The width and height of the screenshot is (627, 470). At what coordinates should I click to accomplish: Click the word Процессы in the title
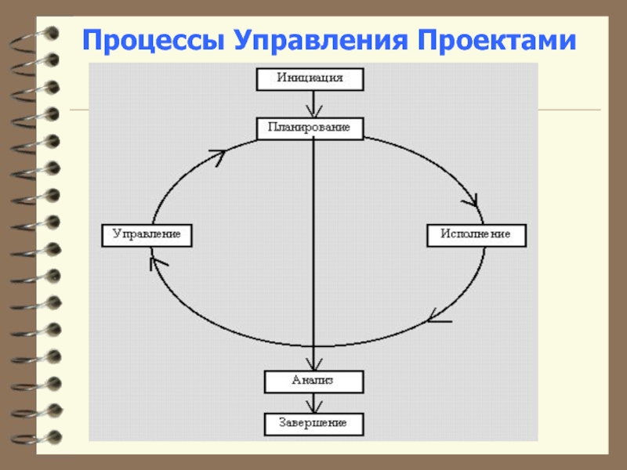[x=153, y=42]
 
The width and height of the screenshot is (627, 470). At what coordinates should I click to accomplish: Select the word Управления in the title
[x=321, y=42]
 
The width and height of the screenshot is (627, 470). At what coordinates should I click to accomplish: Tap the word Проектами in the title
[x=497, y=40]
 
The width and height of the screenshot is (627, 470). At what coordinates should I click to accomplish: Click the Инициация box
[x=310, y=79]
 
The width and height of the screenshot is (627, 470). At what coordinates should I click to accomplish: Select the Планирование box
[x=310, y=128]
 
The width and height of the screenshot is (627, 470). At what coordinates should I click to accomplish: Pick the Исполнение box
[x=477, y=236]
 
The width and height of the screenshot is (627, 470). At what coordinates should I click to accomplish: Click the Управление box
[x=147, y=236]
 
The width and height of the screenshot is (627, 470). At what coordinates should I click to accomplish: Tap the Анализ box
[x=314, y=381]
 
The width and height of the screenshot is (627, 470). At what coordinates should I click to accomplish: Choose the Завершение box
[x=314, y=424]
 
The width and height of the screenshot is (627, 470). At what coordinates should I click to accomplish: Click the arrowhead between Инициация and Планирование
[x=314, y=111]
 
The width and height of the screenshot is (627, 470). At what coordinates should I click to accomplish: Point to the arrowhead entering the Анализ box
[x=314, y=364]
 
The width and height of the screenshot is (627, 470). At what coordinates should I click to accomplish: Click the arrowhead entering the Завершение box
[x=314, y=407]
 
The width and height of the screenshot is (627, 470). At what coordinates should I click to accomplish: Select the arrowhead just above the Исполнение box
[x=472, y=201]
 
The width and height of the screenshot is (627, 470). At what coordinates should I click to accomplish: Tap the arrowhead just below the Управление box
[x=157, y=263]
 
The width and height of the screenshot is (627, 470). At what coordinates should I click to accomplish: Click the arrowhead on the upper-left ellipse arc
[x=219, y=157]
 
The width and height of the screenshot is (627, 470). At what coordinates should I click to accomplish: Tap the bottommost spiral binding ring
[x=36, y=439]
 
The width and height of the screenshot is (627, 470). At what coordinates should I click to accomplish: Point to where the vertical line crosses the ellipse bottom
[x=314, y=346]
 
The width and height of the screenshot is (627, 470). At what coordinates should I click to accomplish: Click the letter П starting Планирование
[x=272, y=128]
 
